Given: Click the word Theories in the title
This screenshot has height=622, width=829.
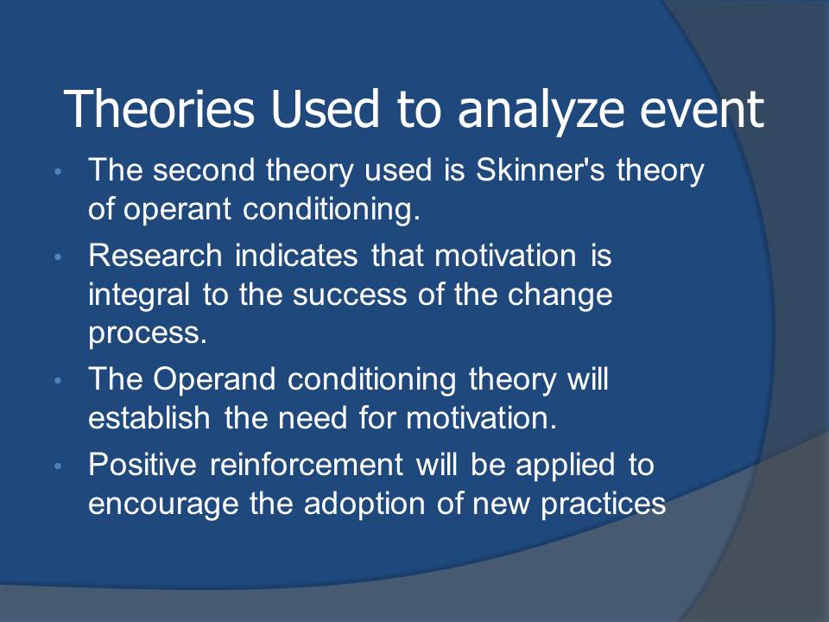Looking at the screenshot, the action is (x=159, y=109).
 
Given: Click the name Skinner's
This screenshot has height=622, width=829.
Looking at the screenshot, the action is (x=539, y=170).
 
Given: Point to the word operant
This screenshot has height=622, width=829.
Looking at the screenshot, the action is (x=177, y=210).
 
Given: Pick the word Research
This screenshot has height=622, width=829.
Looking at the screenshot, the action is (x=155, y=256).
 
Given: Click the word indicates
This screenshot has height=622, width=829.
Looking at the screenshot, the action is (x=296, y=256).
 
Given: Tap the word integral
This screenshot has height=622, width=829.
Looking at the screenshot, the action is (x=138, y=295).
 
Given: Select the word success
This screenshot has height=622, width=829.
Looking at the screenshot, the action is (x=350, y=295).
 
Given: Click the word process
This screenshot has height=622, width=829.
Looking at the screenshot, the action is (x=148, y=334).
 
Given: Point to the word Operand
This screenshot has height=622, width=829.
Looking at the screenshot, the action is (x=214, y=380).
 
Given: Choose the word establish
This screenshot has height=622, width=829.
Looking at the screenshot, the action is (x=149, y=418).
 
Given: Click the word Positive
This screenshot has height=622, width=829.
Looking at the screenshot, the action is (x=142, y=465).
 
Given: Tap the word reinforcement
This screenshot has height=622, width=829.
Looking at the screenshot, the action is (x=306, y=465).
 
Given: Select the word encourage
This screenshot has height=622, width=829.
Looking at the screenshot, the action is (x=163, y=505).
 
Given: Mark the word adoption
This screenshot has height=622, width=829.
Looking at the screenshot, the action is (x=364, y=504).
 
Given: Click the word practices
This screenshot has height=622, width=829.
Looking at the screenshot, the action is (x=604, y=504).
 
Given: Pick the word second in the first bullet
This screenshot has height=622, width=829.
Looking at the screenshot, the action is (x=204, y=170).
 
